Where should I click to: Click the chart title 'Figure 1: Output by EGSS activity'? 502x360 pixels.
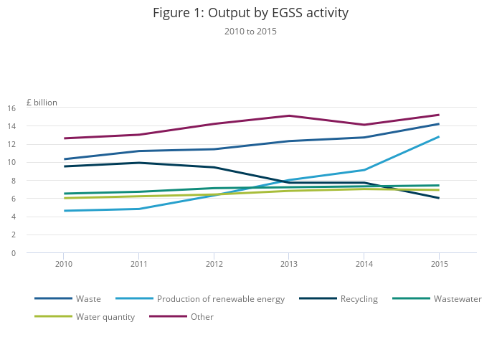coord(250,13)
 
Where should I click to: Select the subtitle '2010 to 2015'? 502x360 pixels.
coord(250,32)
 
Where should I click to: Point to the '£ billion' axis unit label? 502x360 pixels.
coord(42,103)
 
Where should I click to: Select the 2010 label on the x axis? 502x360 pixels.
coord(64,264)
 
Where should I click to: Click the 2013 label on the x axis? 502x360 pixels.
coord(288,264)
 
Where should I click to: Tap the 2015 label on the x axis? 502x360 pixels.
coord(438,264)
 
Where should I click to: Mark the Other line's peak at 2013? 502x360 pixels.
coord(288,115)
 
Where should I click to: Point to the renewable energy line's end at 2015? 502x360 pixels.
coord(438,137)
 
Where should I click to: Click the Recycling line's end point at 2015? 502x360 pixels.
coord(438,198)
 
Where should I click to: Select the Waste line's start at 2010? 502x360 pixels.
coord(64,159)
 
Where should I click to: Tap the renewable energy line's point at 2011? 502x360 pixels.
coord(138,209)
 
